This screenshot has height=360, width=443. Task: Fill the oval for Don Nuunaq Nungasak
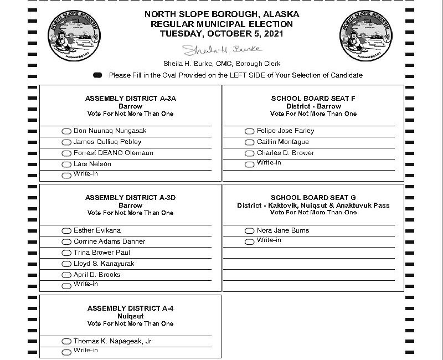pos(66,131)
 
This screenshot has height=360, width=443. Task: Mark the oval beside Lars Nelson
pos(66,164)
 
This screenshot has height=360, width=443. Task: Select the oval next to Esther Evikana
pos(66,231)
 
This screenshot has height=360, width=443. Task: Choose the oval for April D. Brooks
pos(66,275)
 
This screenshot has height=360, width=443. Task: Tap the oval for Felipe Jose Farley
pos(250,131)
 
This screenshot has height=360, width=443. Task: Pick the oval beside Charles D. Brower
pos(250,153)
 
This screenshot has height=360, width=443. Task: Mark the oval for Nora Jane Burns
pos(250,231)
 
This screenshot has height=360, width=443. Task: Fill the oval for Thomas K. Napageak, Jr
pos(66,342)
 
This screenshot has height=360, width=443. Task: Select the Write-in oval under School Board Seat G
pos(250,241)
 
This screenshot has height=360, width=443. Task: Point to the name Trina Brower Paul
pos(101,253)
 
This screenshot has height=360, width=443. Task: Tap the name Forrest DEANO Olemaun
pos(113,153)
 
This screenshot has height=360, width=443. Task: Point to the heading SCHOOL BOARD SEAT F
pos(313,98)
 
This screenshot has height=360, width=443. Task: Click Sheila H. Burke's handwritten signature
pos(221,50)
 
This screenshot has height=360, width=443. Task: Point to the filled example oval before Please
pos(97,75)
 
